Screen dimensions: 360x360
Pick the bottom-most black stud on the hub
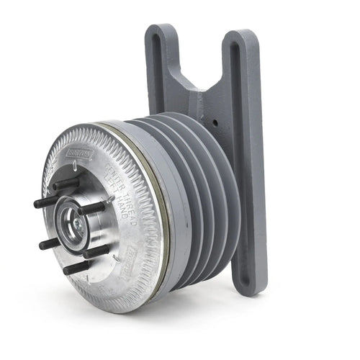tap(78, 267)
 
